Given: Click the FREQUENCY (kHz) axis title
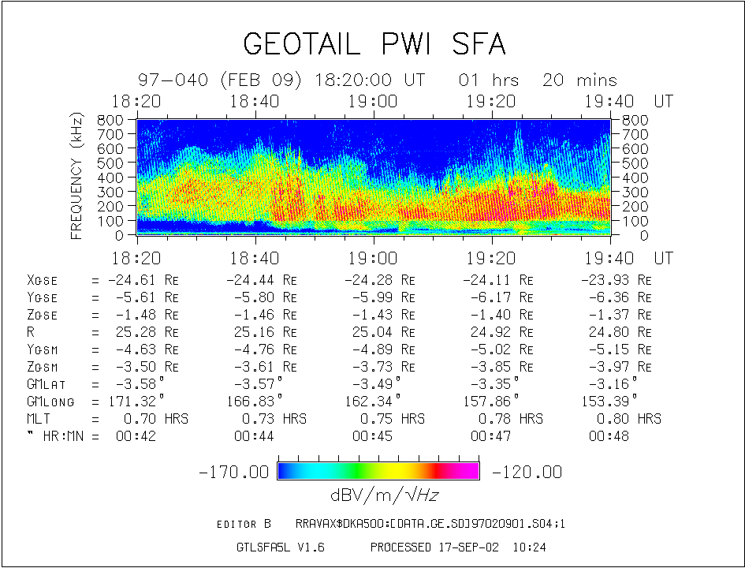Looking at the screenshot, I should pyautogui.click(x=77, y=176).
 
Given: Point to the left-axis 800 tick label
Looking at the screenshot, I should pyautogui.click(x=111, y=120).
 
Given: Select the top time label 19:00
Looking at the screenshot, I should pyautogui.click(x=373, y=101).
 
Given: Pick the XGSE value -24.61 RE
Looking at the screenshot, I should pyautogui.click(x=138, y=280).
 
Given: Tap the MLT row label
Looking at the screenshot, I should pyautogui.click(x=39, y=419).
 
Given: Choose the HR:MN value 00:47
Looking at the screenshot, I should pyautogui.click(x=491, y=436).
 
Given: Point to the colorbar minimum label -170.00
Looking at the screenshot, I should pyautogui.click(x=234, y=472).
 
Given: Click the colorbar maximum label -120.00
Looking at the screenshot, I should pyautogui.click(x=527, y=472).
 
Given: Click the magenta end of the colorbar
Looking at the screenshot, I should pyautogui.click(x=470, y=471).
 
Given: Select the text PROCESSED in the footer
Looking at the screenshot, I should pyautogui.click(x=400, y=547).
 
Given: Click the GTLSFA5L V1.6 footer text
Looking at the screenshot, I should pyautogui.click(x=280, y=547).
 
